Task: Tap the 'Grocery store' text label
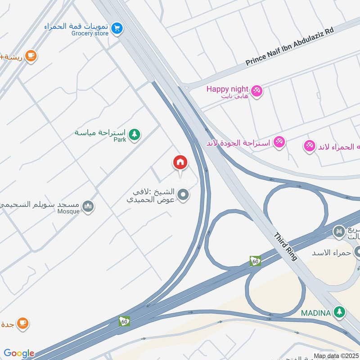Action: (90, 33)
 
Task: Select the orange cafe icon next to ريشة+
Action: (31, 56)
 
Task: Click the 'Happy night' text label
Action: (227, 89)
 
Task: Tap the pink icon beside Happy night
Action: (257, 90)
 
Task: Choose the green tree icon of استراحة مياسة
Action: (134, 134)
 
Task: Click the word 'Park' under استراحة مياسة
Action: (120, 140)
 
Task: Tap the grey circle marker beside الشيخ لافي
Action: (183, 195)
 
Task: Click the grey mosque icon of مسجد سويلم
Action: (88, 207)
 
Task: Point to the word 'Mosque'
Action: (68, 211)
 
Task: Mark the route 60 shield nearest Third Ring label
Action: (256, 261)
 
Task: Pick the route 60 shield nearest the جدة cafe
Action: (125, 321)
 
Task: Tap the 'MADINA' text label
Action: (316, 312)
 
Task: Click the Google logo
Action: (19, 354)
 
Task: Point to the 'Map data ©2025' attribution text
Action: (336, 356)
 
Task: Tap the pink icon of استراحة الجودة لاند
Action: (279, 142)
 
